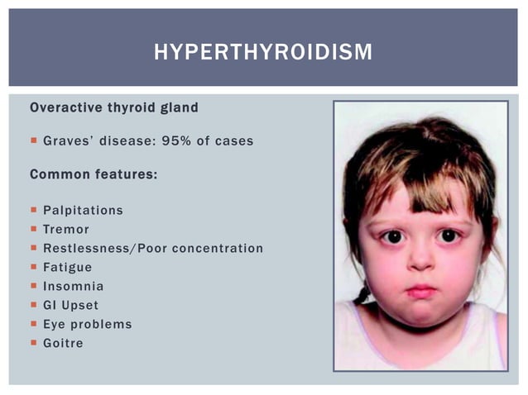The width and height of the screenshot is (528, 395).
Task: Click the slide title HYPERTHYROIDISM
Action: (x=263, y=52)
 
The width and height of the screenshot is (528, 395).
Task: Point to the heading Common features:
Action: (x=94, y=174)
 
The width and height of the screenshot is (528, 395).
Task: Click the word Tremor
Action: (x=66, y=229)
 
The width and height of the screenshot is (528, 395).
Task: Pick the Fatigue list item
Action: (x=68, y=267)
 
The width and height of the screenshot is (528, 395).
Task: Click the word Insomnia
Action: (x=74, y=286)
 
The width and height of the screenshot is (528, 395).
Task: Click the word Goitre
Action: (x=64, y=343)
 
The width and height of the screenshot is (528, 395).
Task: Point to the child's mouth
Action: (x=420, y=291)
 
